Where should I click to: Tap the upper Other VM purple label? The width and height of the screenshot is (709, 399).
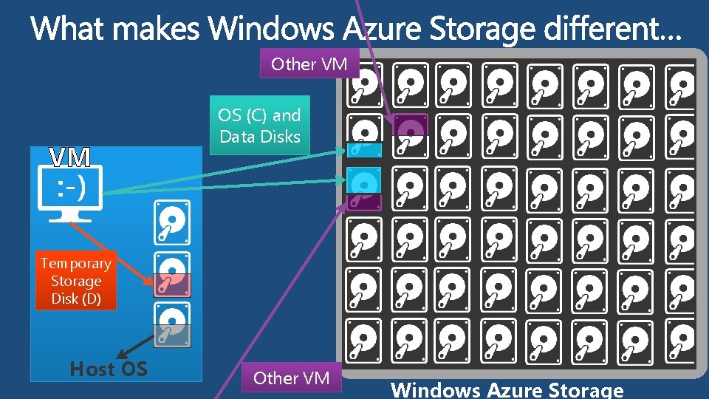point(309,64)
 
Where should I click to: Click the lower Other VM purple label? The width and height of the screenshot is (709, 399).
point(291,378)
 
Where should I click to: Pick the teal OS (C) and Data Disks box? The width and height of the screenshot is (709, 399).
point(259,126)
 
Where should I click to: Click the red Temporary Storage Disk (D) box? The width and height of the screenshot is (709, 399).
point(76,282)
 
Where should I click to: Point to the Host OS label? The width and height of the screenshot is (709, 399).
point(108,369)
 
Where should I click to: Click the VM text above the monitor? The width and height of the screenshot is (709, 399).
point(70,157)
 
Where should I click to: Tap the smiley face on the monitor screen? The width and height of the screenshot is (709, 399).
point(71,188)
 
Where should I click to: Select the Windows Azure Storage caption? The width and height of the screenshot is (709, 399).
point(507,389)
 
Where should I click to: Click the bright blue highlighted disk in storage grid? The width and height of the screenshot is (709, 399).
point(364,183)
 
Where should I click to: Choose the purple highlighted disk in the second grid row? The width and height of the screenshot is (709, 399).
point(410,126)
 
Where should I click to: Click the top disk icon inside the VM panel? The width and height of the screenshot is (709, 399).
point(172,222)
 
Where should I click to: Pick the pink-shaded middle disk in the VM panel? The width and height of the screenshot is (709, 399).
point(172,274)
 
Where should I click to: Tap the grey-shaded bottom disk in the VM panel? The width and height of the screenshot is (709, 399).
point(172,325)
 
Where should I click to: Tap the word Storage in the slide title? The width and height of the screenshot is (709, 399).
point(482,30)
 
